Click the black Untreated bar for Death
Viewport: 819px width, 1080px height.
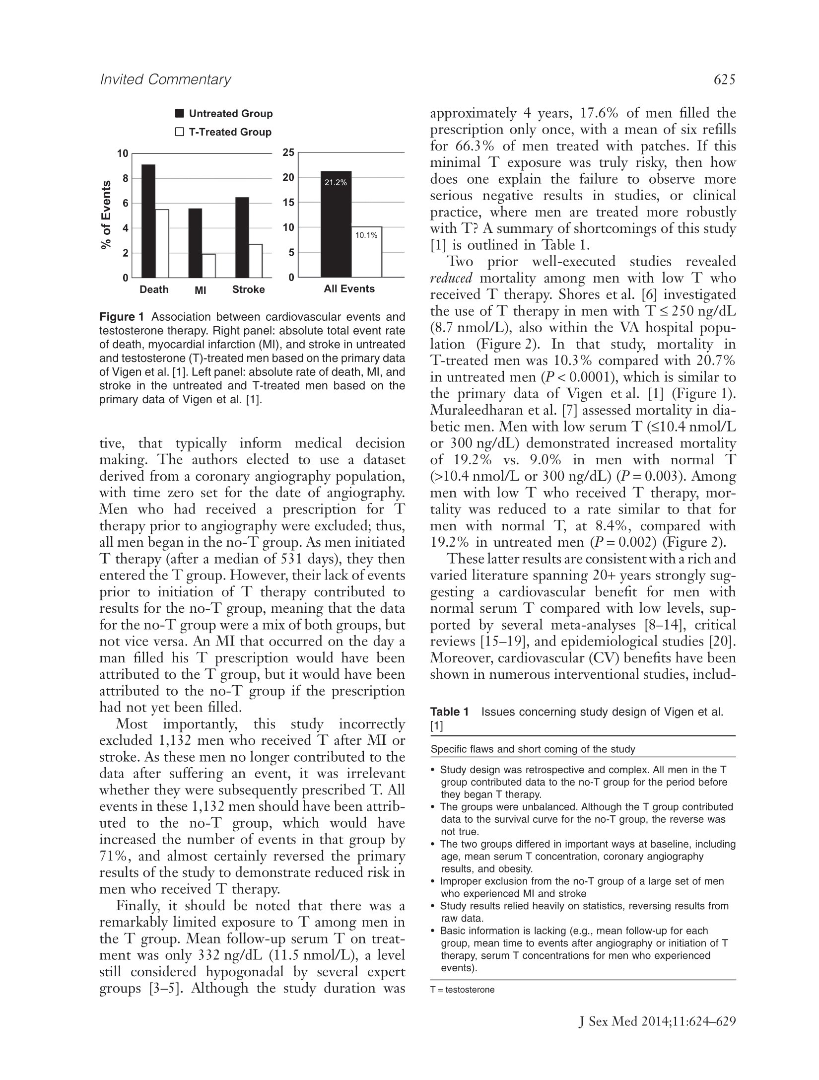click(148, 220)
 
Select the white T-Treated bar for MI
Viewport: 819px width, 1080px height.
click(208, 265)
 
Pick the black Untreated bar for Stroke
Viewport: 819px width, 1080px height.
click(242, 237)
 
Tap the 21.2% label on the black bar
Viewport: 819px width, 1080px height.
click(336, 183)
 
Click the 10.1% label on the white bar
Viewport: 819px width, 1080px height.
click(366, 235)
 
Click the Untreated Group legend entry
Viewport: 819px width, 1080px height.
click(224, 114)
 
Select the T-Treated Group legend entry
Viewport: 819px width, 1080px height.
click(224, 132)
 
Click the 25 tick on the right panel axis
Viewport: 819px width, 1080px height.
click(288, 152)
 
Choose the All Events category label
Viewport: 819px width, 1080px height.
click(349, 289)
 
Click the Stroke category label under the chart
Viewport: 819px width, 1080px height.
click(248, 289)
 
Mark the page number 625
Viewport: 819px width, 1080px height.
click(723, 79)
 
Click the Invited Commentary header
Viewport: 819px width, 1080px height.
click(166, 79)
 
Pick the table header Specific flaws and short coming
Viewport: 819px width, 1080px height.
click(533, 749)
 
